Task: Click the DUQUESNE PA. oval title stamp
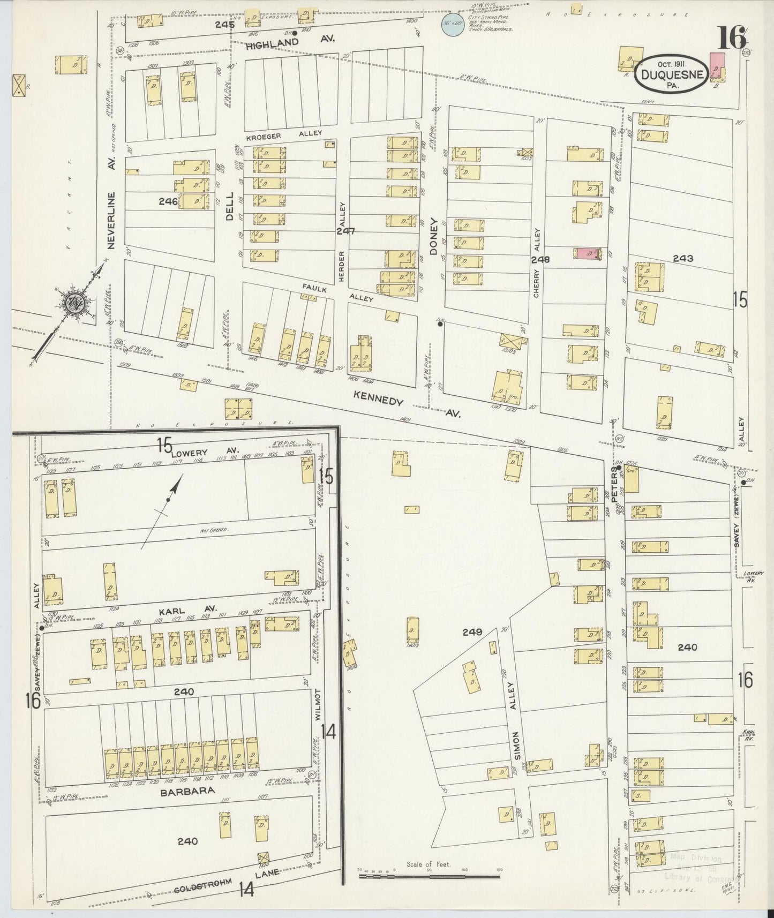click(670, 75)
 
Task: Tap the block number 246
click(168, 202)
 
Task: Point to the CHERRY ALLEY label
click(536, 262)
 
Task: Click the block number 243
click(683, 258)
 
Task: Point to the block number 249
click(473, 632)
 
